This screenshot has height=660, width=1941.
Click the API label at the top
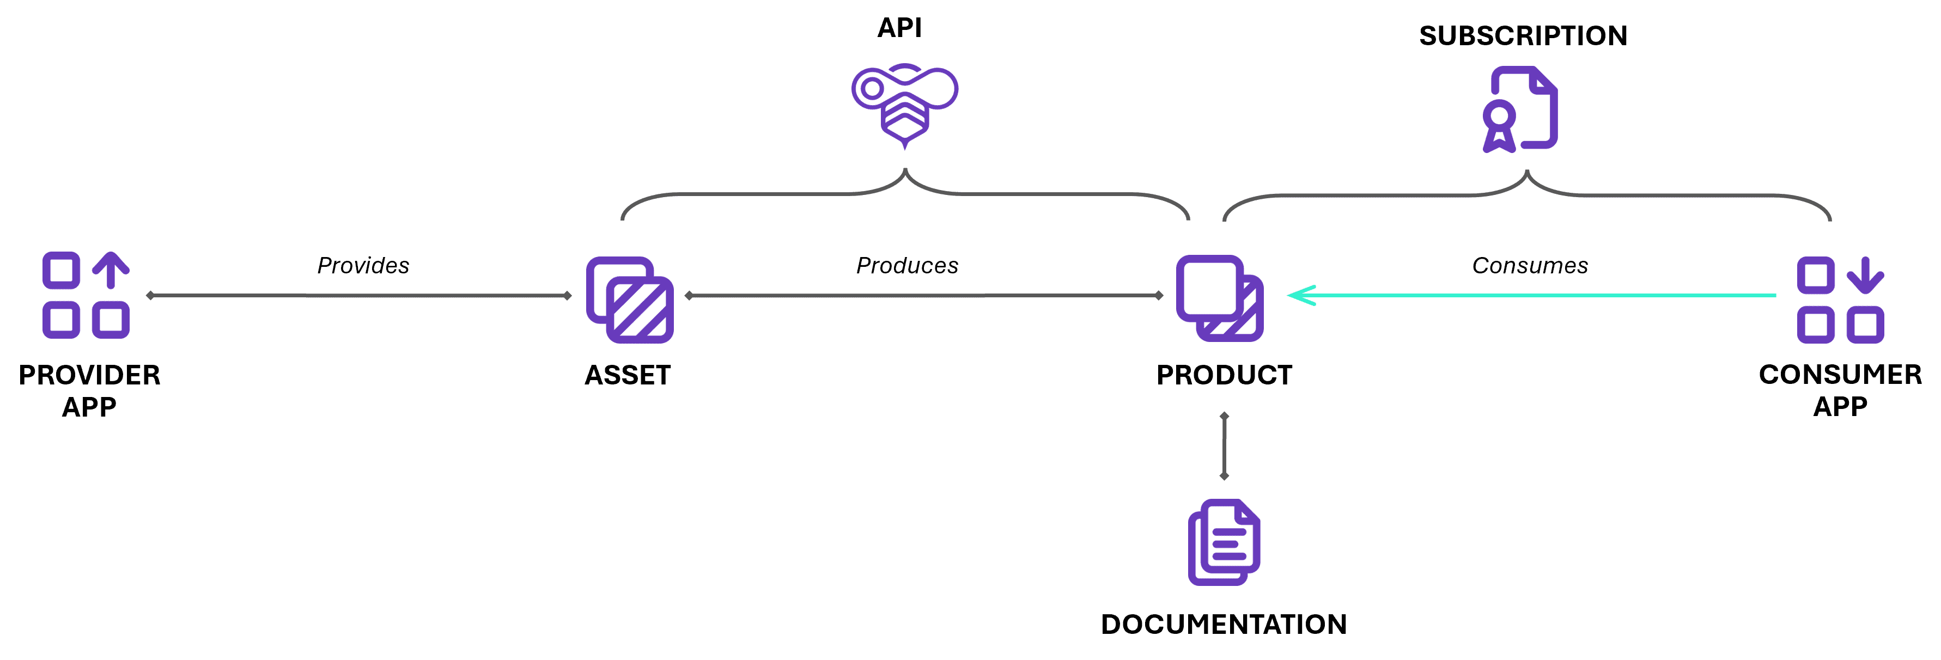coord(899,28)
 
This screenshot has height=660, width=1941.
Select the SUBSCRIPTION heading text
coord(1523,36)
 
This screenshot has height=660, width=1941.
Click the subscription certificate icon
coord(1520,109)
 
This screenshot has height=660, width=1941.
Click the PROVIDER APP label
coord(89,390)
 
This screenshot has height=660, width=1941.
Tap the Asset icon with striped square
coord(629,300)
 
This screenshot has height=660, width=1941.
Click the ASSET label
coord(628,375)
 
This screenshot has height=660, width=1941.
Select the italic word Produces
coord(906,265)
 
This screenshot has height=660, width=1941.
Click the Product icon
coord(1219,298)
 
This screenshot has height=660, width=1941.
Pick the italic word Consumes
coord(1530,265)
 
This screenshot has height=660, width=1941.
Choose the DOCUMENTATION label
coord(1224,624)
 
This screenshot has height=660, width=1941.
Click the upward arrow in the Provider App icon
coord(111,270)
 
